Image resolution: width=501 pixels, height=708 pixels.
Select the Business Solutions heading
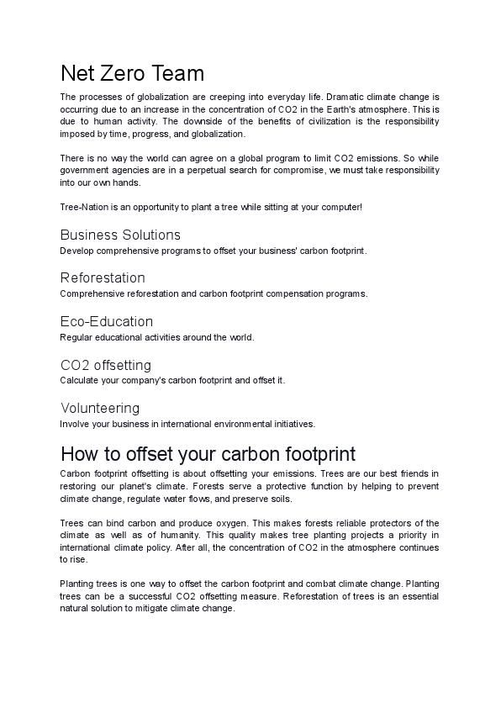(120, 235)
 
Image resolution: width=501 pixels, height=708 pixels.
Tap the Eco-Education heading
(107, 321)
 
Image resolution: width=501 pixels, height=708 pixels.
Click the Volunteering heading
(100, 409)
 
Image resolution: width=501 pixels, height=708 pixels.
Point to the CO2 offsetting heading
(106, 365)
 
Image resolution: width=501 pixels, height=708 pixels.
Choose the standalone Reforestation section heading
(103, 277)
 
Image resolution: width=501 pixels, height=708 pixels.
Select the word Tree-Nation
(82, 207)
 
